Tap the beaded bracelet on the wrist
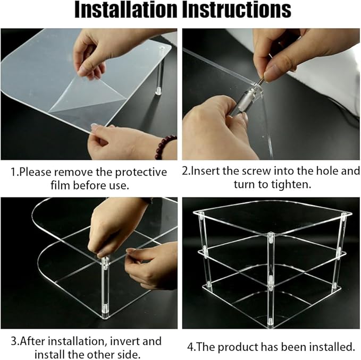coord(165,147)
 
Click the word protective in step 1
coord(141,173)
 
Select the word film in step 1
coord(60,185)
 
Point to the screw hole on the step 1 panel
coord(163,48)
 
